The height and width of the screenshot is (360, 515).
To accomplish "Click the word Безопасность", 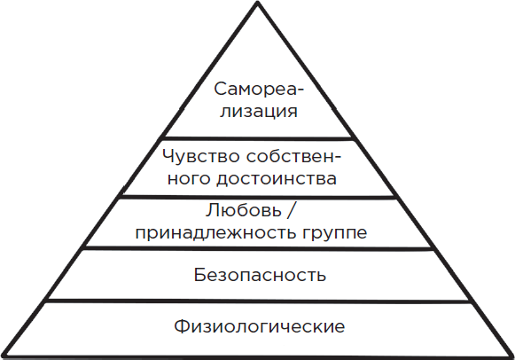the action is click(x=260, y=275).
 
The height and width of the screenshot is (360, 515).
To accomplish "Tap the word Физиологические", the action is click(x=260, y=326).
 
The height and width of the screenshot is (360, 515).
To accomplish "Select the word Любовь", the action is click(x=244, y=210).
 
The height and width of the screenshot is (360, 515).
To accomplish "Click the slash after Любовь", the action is click(x=291, y=210).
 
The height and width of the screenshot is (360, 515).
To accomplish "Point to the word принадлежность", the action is click(x=211, y=233).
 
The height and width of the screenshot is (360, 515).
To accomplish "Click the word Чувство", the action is click(x=201, y=156).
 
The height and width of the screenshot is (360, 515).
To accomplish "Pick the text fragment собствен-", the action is click(x=294, y=156).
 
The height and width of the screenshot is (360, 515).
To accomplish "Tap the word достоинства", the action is click(x=277, y=180).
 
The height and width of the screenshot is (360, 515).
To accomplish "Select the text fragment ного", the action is click(x=189, y=180).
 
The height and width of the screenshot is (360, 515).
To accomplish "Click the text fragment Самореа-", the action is click(x=260, y=89).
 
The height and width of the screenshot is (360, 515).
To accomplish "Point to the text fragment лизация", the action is click(x=259, y=112).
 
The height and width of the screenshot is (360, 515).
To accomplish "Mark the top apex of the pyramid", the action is click(x=258, y=3).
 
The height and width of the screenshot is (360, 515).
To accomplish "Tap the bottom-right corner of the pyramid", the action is click(x=512, y=356).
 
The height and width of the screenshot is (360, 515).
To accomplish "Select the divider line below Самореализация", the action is click(x=258, y=138).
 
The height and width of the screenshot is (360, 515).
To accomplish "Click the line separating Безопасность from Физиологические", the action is click(x=258, y=301).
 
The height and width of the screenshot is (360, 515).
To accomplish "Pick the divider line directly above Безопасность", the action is click(x=258, y=248).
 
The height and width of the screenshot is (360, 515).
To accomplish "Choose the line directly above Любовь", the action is click(x=258, y=197).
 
